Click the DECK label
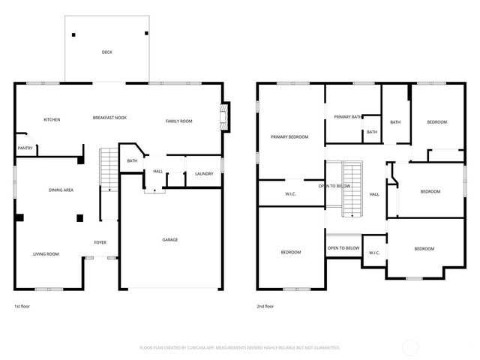pyautogui.click(x=107, y=52)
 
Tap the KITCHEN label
pyautogui.click(x=52, y=120)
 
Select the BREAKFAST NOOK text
pyautogui.click(x=109, y=118)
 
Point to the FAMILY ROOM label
pyautogui.click(x=178, y=121)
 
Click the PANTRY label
pyautogui.click(x=25, y=148)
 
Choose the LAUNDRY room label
pyautogui.click(x=204, y=174)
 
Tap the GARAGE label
pyautogui.click(x=170, y=240)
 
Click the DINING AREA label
pyautogui.click(x=61, y=190)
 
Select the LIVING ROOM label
pyautogui.click(x=46, y=254)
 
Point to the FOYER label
pyautogui.click(x=100, y=242)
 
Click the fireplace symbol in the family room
pyautogui.click(x=223, y=116)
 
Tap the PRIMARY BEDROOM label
pyautogui.click(x=289, y=136)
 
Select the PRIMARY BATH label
pyautogui.click(x=348, y=117)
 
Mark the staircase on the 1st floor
pyautogui.click(x=109, y=169)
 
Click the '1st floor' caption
pyautogui.click(x=22, y=306)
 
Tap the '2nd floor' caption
pyautogui.click(x=266, y=306)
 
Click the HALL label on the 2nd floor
pyautogui.click(x=373, y=194)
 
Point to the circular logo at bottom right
pyautogui.click(x=410, y=348)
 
